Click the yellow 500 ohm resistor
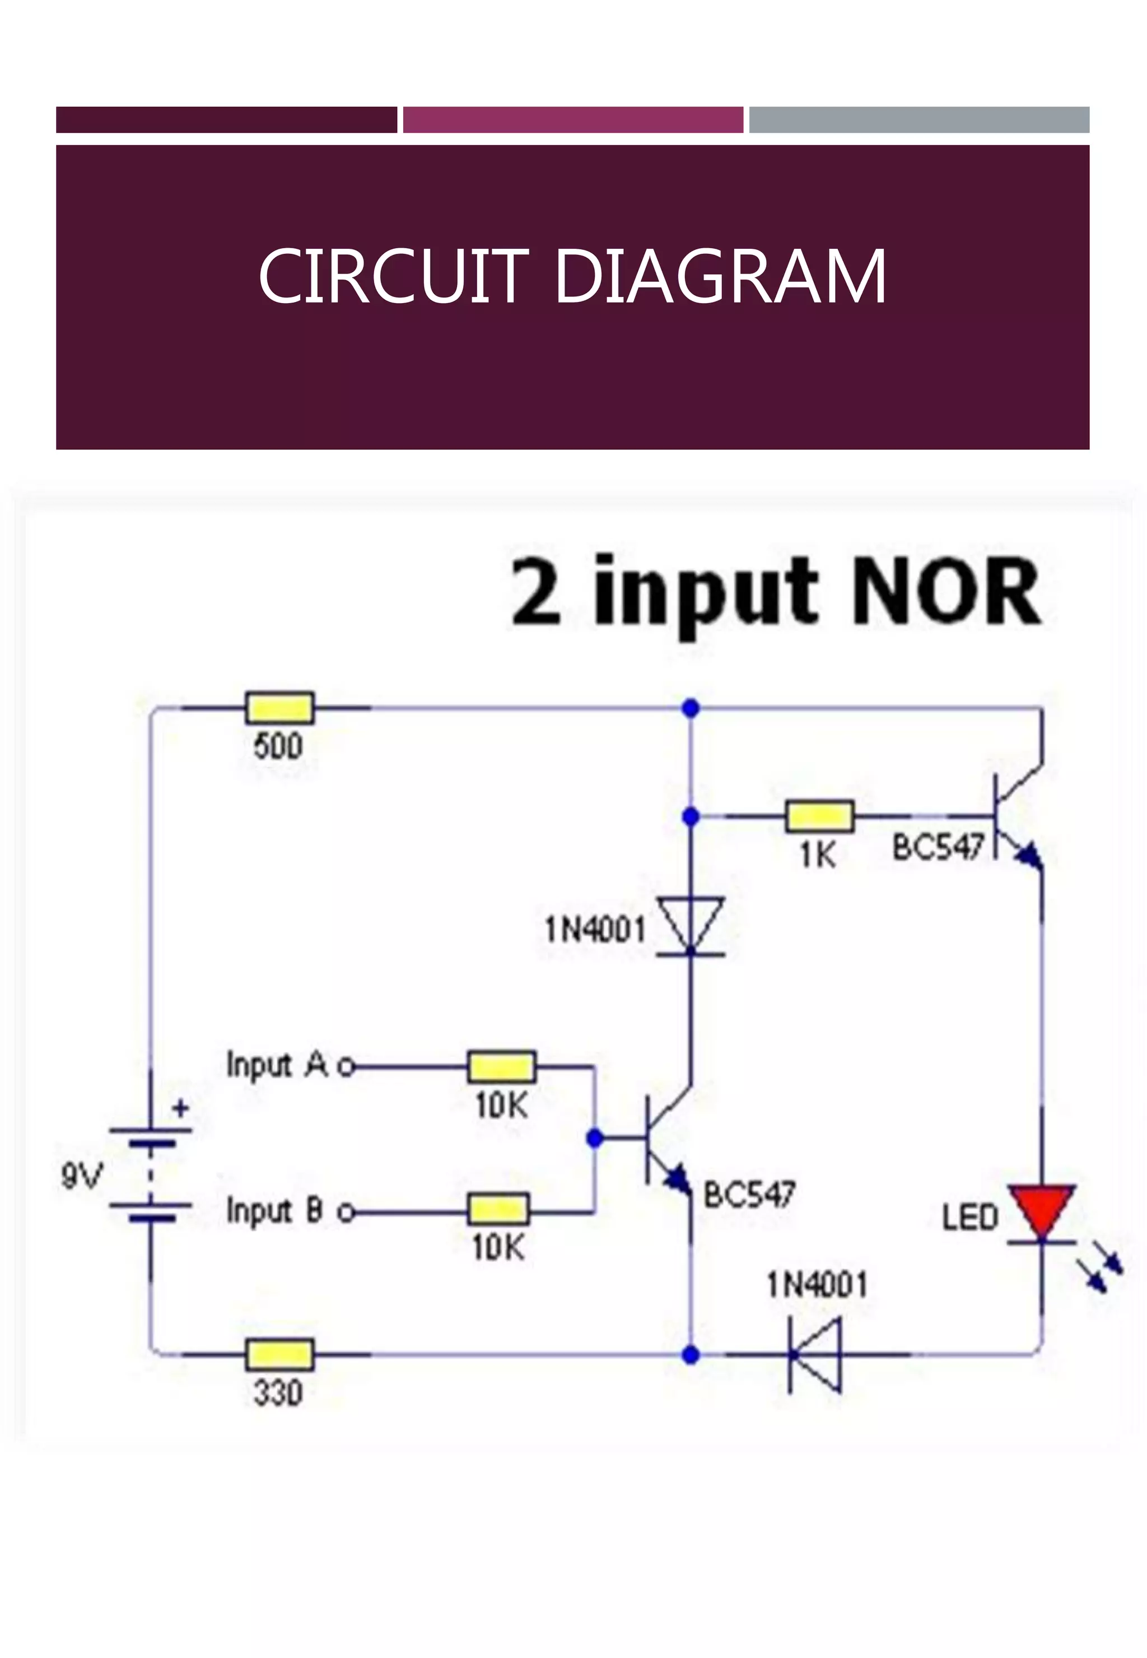click(279, 708)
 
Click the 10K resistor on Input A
click(502, 1066)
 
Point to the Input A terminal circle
click(347, 1066)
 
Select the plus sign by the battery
click(181, 1108)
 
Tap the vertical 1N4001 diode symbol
click(691, 926)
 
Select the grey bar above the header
click(919, 119)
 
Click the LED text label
click(970, 1217)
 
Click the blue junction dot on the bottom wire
click(691, 1355)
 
